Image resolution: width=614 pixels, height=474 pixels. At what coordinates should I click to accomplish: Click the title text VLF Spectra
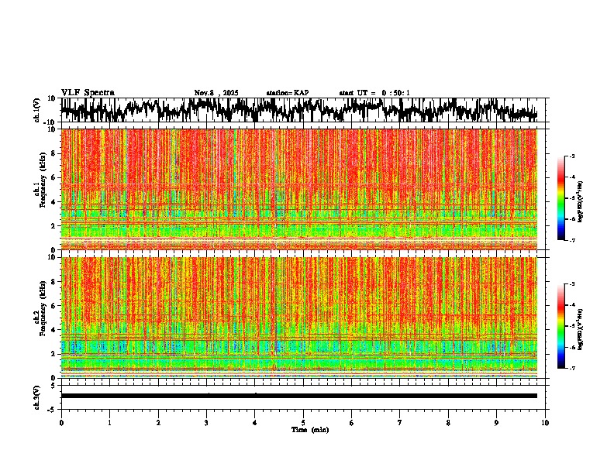[x=88, y=93]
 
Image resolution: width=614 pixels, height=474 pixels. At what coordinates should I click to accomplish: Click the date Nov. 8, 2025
[x=216, y=93]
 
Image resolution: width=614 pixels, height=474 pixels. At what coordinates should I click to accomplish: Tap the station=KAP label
[x=288, y=93]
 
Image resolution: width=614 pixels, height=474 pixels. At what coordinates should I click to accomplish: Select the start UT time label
[x=374, y=93]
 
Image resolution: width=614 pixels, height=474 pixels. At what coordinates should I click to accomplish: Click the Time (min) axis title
[x=309, y=429]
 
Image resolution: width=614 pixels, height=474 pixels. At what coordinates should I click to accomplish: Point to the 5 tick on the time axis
[x=304, y=422]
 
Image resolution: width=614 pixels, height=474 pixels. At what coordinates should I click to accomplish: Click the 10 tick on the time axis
[x=546, y=422]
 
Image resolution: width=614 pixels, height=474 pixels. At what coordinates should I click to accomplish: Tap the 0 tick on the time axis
[x=61, y=422]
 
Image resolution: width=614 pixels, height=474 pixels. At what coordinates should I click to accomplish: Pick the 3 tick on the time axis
[x=207, y=422]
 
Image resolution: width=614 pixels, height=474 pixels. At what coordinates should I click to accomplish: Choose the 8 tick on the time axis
[x=449, y=422]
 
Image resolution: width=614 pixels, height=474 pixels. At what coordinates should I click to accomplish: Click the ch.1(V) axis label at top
[x=37, y=111]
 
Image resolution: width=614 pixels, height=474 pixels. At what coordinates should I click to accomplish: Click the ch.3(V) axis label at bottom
[x=37, y=396]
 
